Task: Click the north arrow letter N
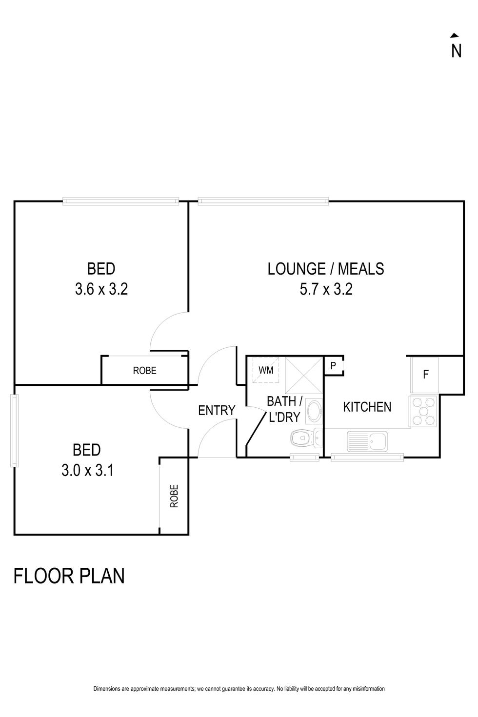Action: click(456, 51)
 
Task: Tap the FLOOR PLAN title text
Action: click(69, 576)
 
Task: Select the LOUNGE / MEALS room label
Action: click(326, 269)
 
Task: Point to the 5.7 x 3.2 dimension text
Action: click(326, 289)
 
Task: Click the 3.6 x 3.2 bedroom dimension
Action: click(101, 289)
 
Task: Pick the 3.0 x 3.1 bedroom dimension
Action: click(87, 471)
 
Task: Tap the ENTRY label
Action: click(217, 410)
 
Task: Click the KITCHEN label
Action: click(367, 407)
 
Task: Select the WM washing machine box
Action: click(265, 370)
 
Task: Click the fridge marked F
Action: click(424, 375)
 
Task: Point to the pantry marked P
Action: click(333, 365)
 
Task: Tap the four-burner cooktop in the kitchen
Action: click(423, 411)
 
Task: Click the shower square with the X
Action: click(303, 375)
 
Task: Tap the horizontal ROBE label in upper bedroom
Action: click(144, 371)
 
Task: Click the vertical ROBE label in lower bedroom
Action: click(174, 496)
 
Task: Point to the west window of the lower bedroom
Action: click(15, 431)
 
